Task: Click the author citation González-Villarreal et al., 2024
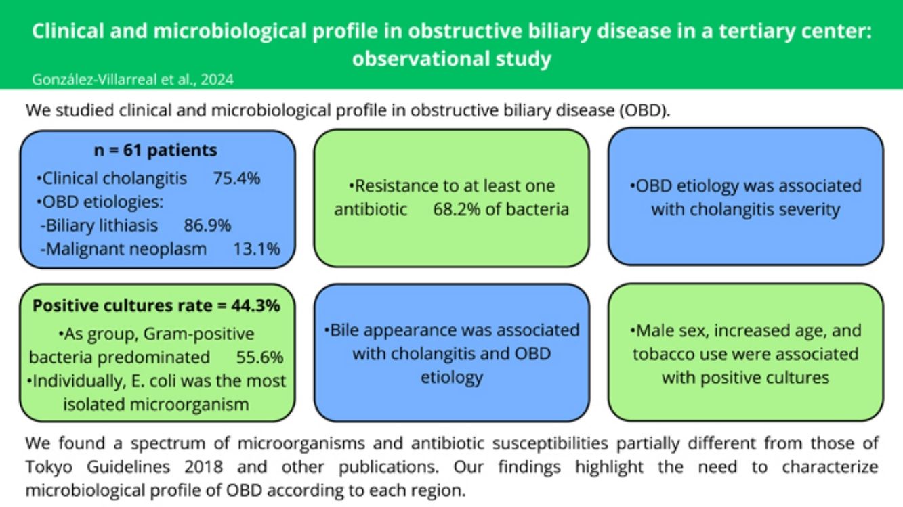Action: click(x=133, y=79)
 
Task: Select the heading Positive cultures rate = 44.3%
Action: click(x=156, y=305)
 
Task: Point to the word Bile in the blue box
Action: click(x=348, y=330)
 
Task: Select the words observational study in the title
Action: click(x=451, y=58)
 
